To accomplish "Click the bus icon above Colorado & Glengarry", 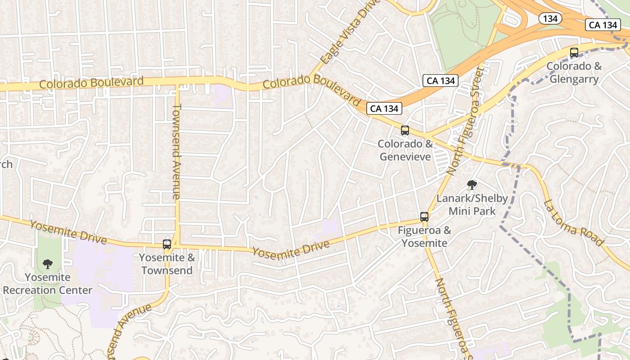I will pyautogui.click(x=574, y=53).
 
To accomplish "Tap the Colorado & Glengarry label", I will pyautogui.click(x=574, y=73).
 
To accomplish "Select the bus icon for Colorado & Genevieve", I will pyautogui.click(x=405, y=130).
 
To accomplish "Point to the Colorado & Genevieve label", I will pyautogui.click(x=405, y=150).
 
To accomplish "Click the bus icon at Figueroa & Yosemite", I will pyautogui.click(x=424, y=217).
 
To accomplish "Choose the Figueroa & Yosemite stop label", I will pyautogui.click(x=424, y=237).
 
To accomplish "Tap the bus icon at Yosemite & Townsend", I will pyautogui.click(x=167, y=244).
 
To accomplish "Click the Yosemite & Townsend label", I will pyautogui.click(x=167, y=264).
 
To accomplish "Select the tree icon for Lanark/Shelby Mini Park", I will pyautogui.click(x=472, y=184).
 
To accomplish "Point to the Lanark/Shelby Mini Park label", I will pyautogui.click(x=472, y=205).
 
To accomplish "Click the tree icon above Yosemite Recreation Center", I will pyautogui.click(x=48, y=264).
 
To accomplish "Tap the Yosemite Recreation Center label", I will pyautogui.click(x=48, y=284).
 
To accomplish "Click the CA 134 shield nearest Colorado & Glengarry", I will pyautogui.click(x=603, y=25).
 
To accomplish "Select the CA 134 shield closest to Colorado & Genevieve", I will pyautogui.click(x=384, y=108).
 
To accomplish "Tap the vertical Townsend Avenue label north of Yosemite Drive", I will pyautogui.click(x=176, y=151).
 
